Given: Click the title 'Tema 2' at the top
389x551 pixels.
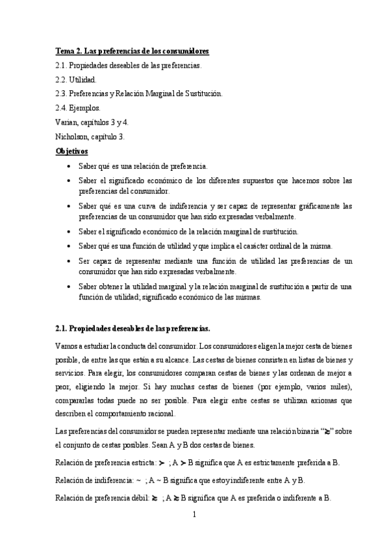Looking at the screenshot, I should pyautogui.click(x=69, y=51).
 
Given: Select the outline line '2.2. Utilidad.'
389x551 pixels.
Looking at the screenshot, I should pyautogui.click(x=76, y=79).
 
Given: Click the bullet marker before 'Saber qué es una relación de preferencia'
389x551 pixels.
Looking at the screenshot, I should pyautogui.click(x=70, y=166).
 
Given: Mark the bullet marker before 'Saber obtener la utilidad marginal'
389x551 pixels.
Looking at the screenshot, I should pyautogui.click(x=70, y=287).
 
